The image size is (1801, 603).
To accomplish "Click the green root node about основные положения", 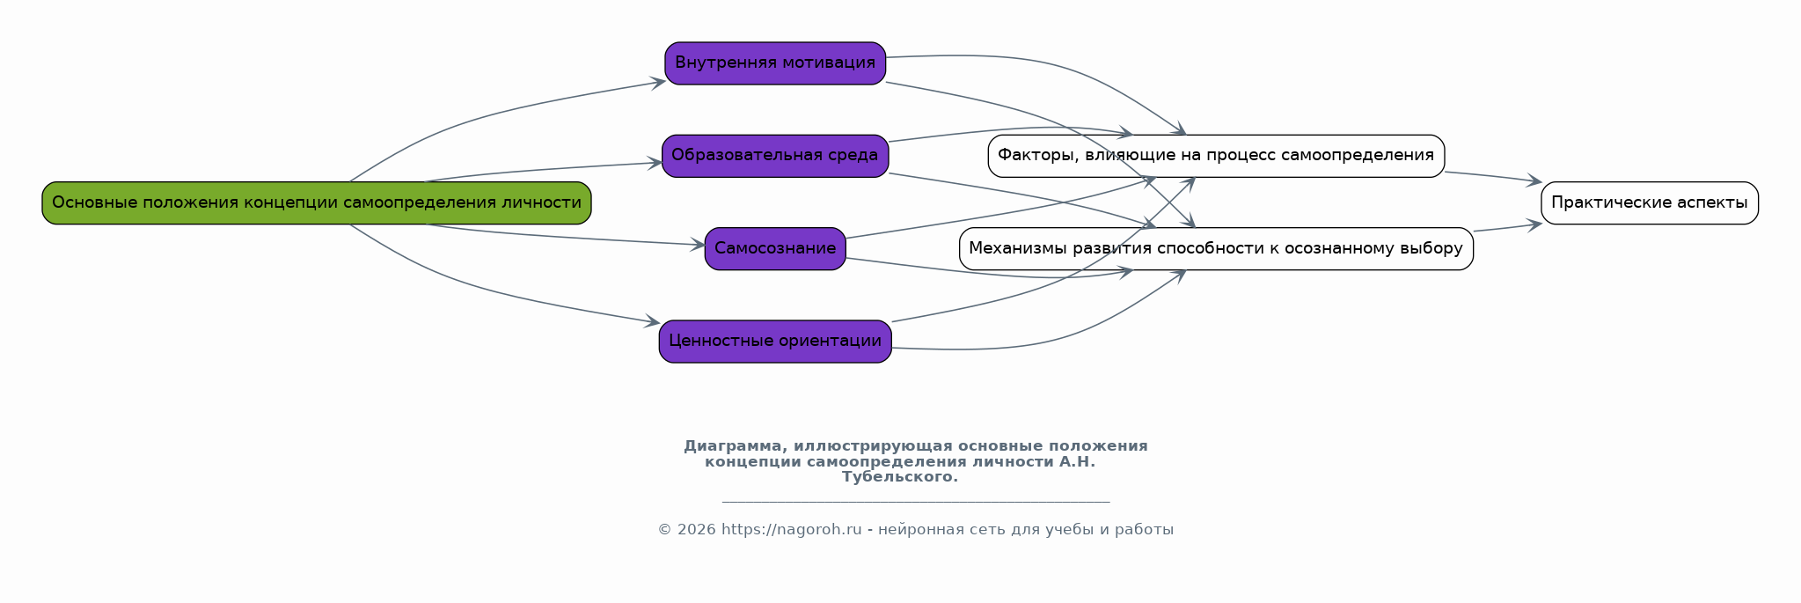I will (316, 203).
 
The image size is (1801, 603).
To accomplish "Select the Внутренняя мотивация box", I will (774, 63).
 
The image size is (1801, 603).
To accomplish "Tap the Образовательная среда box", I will (774, 156).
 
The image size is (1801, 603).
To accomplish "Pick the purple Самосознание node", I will (774, 249).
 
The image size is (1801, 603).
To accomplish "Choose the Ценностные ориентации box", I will (774, 342).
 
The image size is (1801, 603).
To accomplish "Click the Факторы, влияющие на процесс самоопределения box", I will (1215, 156).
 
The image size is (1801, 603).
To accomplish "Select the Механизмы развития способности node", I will (1215, 249).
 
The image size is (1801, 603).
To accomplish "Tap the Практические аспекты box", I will (1649, 203).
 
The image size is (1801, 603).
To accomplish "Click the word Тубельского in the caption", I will (898, 477).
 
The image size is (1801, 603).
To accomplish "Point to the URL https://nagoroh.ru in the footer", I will (791, 530).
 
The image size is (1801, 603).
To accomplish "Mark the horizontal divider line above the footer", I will (915, 503).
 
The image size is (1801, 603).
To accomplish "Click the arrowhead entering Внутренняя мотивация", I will (658, 83).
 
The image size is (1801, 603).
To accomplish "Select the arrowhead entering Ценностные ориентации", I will (652, 323).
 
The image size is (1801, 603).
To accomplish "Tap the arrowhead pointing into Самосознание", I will (698, 245).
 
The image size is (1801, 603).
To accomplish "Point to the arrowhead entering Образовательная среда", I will (655, 163).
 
